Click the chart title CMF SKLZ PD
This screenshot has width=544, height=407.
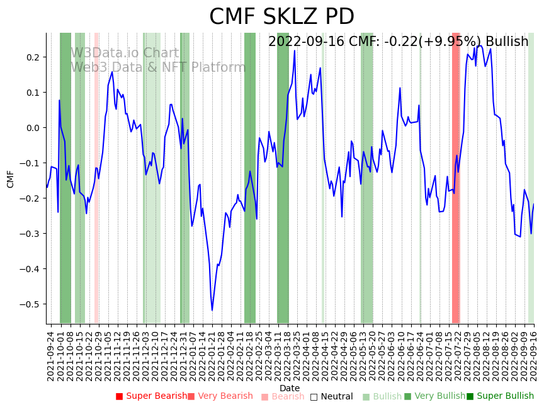[281, 17]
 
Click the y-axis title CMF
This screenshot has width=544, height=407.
[11, 179]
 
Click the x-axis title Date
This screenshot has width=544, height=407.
[290, 388]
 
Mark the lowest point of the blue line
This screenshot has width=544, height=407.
[212, 310]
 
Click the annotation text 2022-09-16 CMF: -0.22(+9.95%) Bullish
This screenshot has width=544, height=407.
[398, 42]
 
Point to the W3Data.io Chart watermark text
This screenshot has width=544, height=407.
[125, 53]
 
